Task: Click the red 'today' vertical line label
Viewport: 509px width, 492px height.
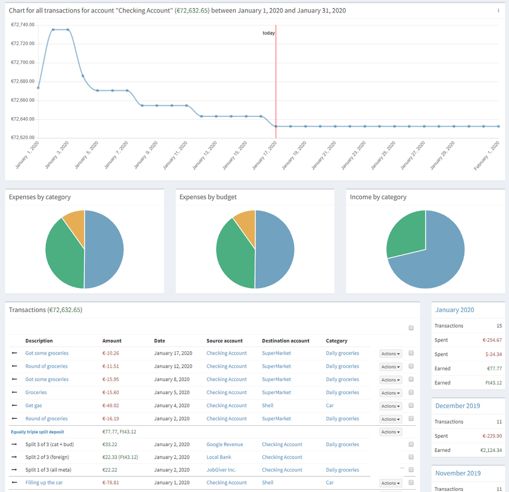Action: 269,33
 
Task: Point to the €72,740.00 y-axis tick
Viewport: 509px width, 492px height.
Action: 23,25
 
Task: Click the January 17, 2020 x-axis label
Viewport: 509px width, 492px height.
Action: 265,155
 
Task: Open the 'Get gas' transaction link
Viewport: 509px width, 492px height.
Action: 34,405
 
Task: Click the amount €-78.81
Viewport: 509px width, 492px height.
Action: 111,482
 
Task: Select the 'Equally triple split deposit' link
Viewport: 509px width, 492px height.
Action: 37,432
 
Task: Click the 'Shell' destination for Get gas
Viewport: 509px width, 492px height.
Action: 268,405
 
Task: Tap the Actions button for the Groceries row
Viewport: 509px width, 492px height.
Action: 390,393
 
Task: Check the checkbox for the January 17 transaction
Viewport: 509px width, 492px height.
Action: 411,353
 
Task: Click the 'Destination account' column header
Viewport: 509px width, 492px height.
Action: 286,341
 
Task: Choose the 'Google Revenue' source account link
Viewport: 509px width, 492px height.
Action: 225,444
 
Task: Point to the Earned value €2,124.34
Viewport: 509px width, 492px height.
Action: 488,450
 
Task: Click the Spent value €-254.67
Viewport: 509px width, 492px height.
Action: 491,340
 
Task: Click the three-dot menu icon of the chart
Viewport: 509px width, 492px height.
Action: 498,11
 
